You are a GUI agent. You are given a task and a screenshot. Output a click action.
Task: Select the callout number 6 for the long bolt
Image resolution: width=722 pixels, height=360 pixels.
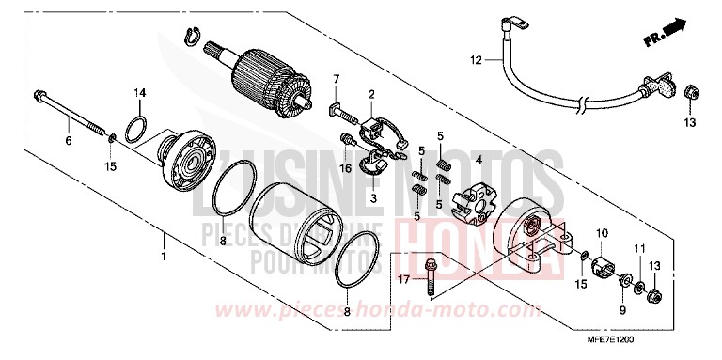point(68,141)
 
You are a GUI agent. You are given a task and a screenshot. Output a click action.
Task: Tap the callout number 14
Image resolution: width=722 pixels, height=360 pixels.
point(139,91)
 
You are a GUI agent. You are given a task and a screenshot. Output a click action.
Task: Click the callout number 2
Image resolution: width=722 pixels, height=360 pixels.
point(371,94)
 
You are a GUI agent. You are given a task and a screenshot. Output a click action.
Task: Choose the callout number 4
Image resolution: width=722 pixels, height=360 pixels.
point(479,161)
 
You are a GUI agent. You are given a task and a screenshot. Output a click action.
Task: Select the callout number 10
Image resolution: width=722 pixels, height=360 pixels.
point(601,232)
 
